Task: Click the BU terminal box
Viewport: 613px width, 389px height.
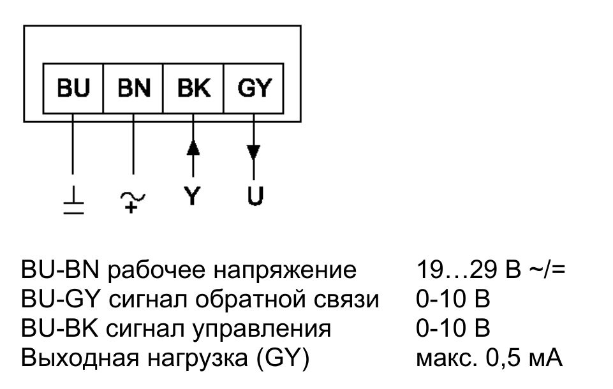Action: coord(73,88)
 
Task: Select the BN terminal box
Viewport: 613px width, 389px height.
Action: coord(133,88)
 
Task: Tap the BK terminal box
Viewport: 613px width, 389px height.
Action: coord(194,88)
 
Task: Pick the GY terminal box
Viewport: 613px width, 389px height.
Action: coord(254,88)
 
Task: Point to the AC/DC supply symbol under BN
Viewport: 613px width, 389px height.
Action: coord(133,202)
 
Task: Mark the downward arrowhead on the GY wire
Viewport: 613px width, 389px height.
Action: coord(254,154)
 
